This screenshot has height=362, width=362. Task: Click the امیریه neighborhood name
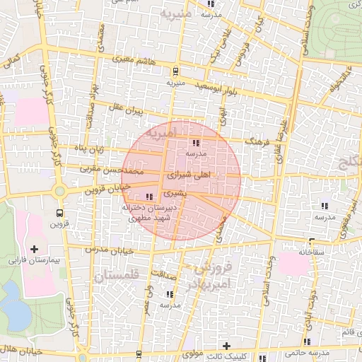192,132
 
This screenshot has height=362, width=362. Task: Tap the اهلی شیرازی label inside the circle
188,173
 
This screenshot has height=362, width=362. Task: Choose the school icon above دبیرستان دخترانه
148,197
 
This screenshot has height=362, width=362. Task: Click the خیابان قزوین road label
108,188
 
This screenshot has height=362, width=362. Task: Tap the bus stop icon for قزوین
59,211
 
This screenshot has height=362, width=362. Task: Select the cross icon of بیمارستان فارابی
34,249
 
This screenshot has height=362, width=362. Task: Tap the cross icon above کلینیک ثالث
226,346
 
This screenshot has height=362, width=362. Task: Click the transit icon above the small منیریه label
175,71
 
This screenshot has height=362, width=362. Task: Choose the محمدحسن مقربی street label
122,171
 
